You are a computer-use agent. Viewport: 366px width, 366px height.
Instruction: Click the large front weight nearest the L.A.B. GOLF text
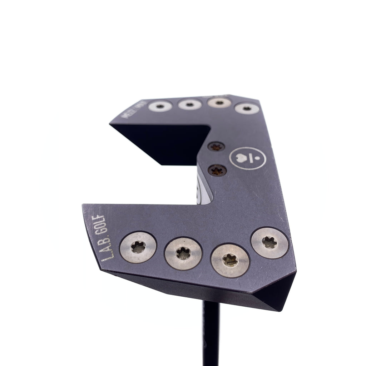(138, 247)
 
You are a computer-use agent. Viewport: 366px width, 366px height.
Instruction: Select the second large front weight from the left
(183, 253)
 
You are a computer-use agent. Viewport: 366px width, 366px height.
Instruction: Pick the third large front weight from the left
(230, 260)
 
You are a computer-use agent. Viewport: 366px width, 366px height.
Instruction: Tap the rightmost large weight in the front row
(269, 243)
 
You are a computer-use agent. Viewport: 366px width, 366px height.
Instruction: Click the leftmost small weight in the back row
(160, 106)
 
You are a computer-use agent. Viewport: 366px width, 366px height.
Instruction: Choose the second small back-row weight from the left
(189, 104)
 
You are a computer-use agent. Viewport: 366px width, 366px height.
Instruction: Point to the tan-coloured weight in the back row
(219, 102)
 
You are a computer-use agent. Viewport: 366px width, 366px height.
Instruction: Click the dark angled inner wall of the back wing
(161, 141)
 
